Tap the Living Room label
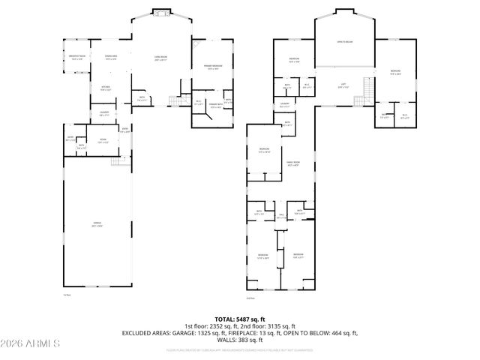pyautogui.click(x=160, y=58)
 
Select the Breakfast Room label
pyautogui.click(x=77, y=57)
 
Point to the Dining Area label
pyautogui.click(x=110, y=57)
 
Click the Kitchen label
pyautogui.click(x=106, y=87)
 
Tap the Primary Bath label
pyautogui.click(x=214, y=106)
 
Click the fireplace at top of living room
pyautogui.click(x=161, y=12)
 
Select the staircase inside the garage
pyautogui.click(x=117, y=162)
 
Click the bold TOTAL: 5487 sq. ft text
pyautogui.click(x=240, y=319)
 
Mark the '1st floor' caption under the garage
pyautogui.click(x=67, y=294)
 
